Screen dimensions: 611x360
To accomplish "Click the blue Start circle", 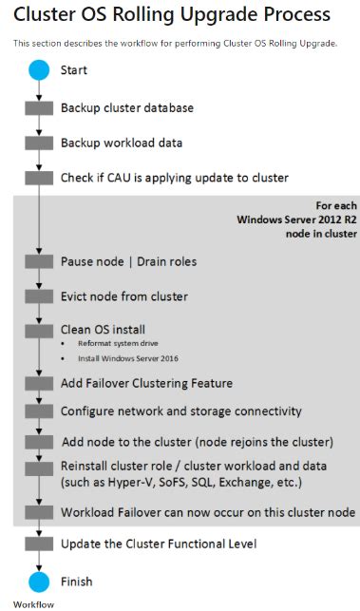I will click(x=38, y=70).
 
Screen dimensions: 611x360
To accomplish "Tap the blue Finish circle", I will click(x=38, y=581).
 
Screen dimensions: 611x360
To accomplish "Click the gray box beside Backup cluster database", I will click(x=38, y=108).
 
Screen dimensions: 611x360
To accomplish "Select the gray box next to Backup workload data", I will click(x=38, y=143).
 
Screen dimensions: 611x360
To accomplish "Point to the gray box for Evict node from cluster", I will click(x=38, y=296).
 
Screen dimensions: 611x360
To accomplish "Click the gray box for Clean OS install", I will click(x=38, y=330).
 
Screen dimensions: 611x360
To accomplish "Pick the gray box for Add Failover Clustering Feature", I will click(x=38, y=383).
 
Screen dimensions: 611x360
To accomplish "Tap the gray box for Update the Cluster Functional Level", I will click(x=38, y=545).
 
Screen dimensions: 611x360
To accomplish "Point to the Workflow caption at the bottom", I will click(x=32, y=603).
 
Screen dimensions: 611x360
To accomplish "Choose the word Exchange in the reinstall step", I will click(x=256, y=482).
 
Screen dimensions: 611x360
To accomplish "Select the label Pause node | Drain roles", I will click(x=115, y=261).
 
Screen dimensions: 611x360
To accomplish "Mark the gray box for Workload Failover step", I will click(x=38, y=513).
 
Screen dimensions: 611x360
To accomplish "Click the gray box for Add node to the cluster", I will click(x=38, y=443).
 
